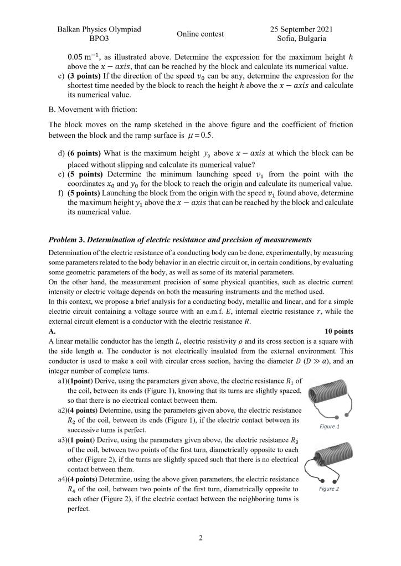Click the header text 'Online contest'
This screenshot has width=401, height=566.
(200, 34)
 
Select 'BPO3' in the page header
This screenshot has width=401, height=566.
(99, 39)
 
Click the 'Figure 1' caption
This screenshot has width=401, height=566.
(330, 427)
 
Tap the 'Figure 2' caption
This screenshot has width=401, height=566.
(329, 489)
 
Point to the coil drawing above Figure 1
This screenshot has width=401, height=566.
(329, 398)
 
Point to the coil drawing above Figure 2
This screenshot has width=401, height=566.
(329, 463)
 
